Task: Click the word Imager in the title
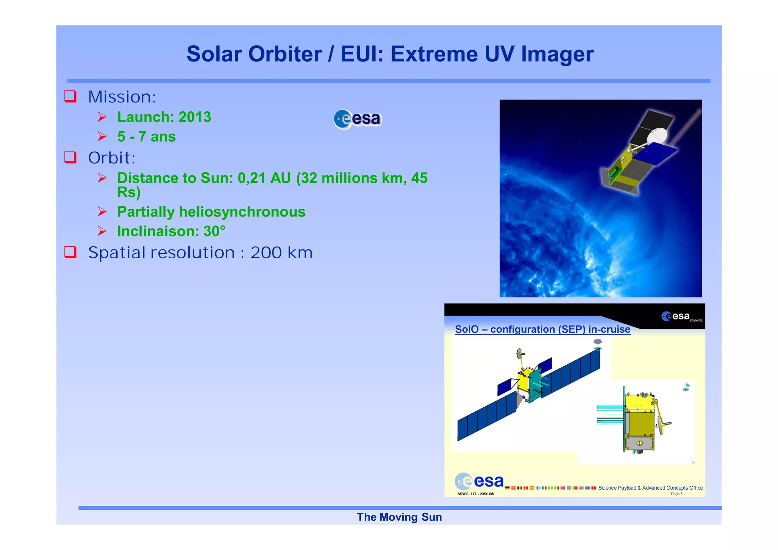(x=557, y=54)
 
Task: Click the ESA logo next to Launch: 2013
(x=357, y=119)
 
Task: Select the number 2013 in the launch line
(x=194, y=117)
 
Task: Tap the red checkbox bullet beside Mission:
(x=70, y=96)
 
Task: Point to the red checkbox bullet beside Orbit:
(x=70, y=157)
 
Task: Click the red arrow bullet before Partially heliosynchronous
(x=102, y=212)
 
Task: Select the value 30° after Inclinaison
(x=214, y=231)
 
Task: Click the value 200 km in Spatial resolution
(x=281, y=253)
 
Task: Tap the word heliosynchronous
(x=242, y=212)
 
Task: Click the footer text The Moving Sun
(x=399, y=517)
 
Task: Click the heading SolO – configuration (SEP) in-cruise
(x=542, y=329)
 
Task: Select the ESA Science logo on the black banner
(x=681, y=316)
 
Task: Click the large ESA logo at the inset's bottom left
(x=479, y=481)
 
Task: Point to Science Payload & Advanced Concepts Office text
(x=650, y=488)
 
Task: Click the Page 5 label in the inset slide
(x=676, y=494)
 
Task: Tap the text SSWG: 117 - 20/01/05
(x=475, y=494)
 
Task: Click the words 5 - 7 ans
(x=146, y=136)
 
